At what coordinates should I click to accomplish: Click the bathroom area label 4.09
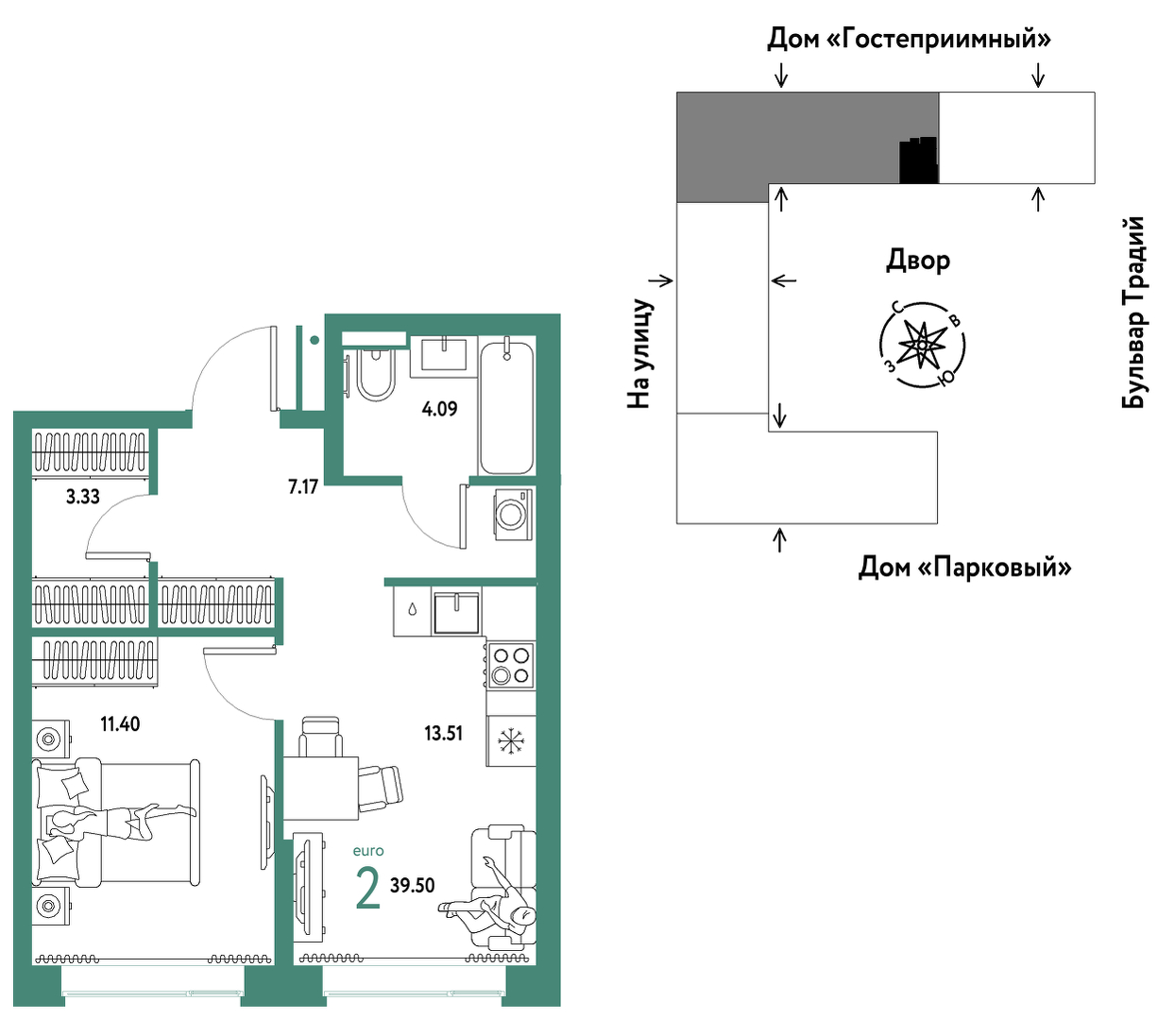439,409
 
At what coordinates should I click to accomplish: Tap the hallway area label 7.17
302,487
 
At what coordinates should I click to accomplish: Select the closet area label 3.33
82,497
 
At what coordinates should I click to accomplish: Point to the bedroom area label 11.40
120,724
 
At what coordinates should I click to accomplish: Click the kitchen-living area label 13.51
443,733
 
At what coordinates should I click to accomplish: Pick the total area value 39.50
412,885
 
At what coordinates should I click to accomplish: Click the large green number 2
367,888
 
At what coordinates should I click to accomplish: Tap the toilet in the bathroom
376,374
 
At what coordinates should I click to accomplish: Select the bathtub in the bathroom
506,408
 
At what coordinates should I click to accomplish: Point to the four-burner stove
510,665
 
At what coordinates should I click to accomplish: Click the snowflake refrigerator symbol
511,740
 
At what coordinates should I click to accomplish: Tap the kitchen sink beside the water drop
457,612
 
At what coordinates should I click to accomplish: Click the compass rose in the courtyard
922,345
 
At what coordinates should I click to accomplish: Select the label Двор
917,261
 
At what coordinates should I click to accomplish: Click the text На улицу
640,353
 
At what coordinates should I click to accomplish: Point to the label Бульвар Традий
1132,313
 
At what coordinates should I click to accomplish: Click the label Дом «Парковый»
964,568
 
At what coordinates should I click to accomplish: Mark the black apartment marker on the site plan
918,161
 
